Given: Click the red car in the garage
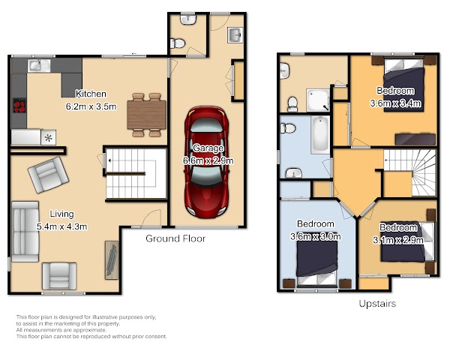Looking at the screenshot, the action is (x=207, y=162).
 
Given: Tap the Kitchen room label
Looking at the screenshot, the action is (x=91, y=94).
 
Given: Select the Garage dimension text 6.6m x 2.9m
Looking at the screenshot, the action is (x=208, y=160).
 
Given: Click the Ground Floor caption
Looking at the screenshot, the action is (x=175, y=238).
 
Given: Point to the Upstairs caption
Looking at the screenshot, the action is (x=377, y=304).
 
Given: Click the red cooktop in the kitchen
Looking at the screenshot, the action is (x=19, y=105).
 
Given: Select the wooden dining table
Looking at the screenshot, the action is (x=147, y=115).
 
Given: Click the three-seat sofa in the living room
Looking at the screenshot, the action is (x=25, y=232).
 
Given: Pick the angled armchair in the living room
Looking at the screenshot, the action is (x=48, y=175).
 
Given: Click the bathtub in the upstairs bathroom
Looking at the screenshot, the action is (x=320, y=135).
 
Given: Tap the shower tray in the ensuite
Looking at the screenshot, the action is (x=318, y=100).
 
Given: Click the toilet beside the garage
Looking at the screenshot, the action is (x=177, y=43).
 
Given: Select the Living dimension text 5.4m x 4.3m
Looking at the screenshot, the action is (x=62, y=226).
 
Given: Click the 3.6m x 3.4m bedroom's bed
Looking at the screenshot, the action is (x=404, y=85).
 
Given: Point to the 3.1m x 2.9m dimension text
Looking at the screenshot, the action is (x=398, y=240).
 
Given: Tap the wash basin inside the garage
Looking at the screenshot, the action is (x=235, y=35).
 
